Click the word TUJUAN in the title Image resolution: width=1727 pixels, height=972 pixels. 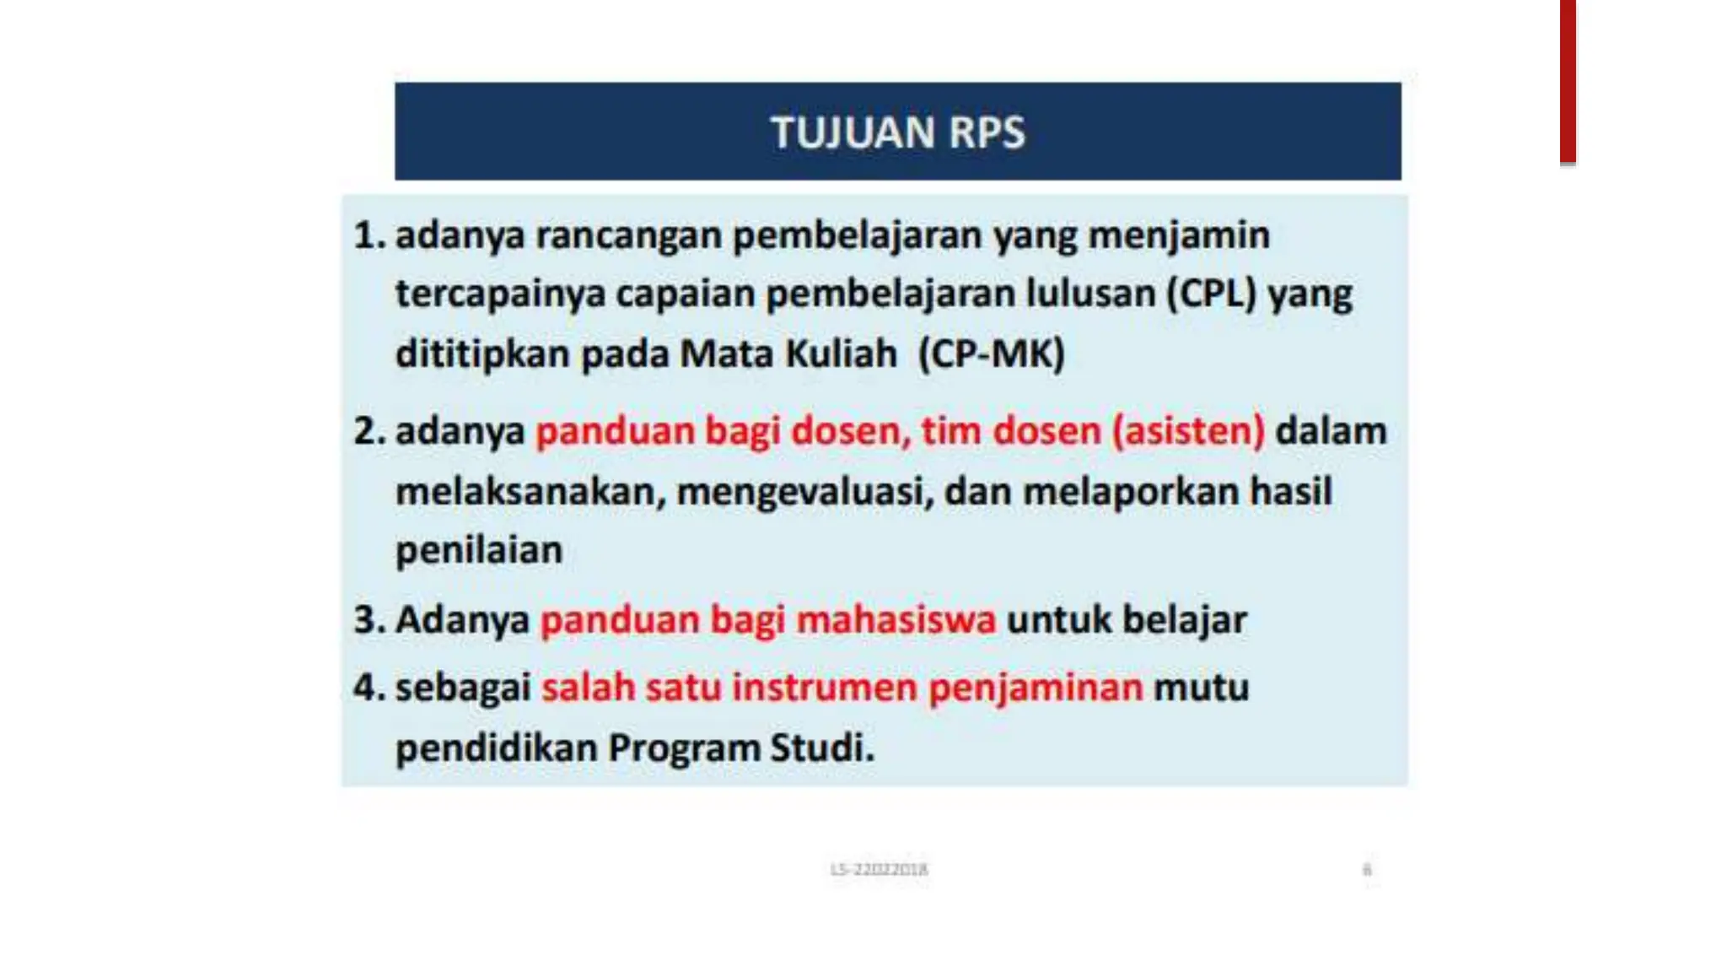(x=853, y=132)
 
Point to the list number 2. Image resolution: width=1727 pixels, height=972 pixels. (x=368, y=431)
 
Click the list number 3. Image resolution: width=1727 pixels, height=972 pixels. (x=368, y=620)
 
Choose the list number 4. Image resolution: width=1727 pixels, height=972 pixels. (x=368, y=688)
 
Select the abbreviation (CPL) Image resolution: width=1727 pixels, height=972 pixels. (x=1212, y=294)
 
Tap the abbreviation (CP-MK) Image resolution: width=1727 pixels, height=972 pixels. (x=992, y=354)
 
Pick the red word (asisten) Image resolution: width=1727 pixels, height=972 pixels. (x=1188, y=431)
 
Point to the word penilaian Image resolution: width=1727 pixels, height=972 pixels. (x=479, y=551)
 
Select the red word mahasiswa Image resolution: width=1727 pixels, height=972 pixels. (x=896, y=620)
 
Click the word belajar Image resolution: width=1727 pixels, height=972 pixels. (x=1184, y=620)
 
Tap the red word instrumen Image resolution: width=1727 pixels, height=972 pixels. (x=824, y=688)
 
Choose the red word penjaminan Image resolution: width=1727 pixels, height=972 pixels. (x=1036, y=688)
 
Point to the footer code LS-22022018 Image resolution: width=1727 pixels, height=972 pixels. (x=879, y=869)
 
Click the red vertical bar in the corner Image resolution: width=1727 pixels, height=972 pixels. (x=1567, y=81)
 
